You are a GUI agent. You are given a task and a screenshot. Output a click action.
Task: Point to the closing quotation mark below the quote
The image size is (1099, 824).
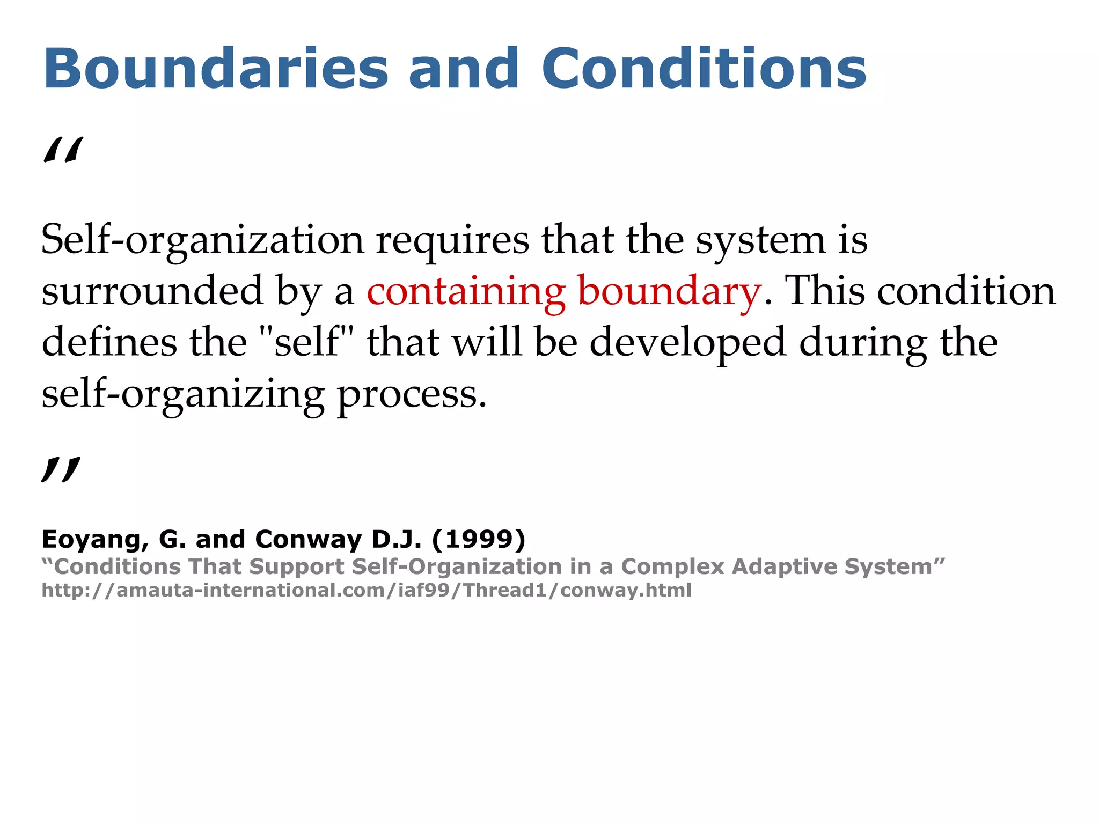click(61, 470)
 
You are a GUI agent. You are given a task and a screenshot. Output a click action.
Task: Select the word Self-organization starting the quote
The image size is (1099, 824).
click(202, 240)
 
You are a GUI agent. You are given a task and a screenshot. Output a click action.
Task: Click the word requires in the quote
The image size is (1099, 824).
click(452, 240)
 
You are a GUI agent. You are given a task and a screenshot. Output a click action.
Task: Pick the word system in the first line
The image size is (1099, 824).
click(761, 240)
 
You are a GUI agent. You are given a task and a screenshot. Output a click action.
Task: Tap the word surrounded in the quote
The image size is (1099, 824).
click(152, 291)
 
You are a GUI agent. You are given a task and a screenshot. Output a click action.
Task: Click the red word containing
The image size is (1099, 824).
click(466, 291)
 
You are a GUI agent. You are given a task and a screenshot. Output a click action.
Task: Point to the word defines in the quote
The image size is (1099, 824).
click(109, 342)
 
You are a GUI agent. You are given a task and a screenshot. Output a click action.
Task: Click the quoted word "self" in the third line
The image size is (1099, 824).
click(307, 342)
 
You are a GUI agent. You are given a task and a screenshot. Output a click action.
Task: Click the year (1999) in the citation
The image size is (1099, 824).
click(479, 540)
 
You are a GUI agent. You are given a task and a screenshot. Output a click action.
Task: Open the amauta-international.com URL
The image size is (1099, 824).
click(367, 590)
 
